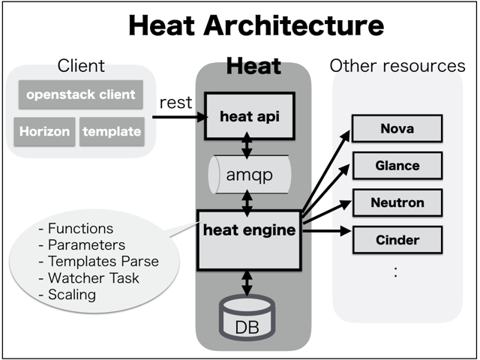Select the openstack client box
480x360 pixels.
click(x=81, y=94)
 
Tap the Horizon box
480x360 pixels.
click(x=45, y=131)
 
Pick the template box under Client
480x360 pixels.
click(x=112, y=131)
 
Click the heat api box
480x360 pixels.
click(x=246, y=116)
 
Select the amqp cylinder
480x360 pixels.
click(x=247, y=175)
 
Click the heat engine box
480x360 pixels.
click(x=248, y=239)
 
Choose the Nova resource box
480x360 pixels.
click(x=397, y=128)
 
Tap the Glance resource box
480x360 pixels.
click(x=397, y=165)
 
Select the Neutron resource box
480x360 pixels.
click(x=397, y=202)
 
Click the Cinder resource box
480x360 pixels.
click(x=397, y=240)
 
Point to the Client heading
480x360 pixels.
click(x=81, y=66)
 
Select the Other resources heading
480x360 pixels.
click(x=397, y=66)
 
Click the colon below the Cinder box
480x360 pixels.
click(x=396, y=272)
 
